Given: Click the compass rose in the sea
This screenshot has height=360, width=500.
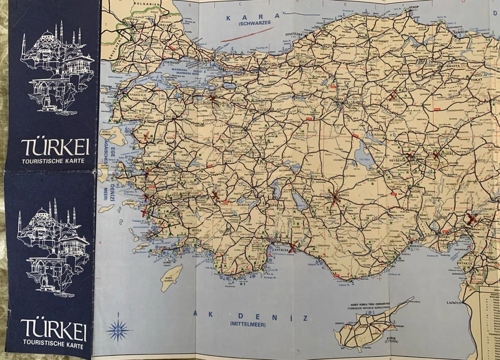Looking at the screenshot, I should click(118, 329).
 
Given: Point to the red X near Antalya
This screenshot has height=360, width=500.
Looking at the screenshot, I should click(293, 246).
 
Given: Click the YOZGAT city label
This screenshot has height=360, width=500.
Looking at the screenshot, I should click(398, 104).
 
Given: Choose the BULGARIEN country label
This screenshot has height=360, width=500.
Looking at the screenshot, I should click(147, 4).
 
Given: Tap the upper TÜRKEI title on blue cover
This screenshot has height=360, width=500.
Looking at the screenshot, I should click(55, 147).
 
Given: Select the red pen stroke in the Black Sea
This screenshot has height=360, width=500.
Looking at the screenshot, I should click(254, 34).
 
